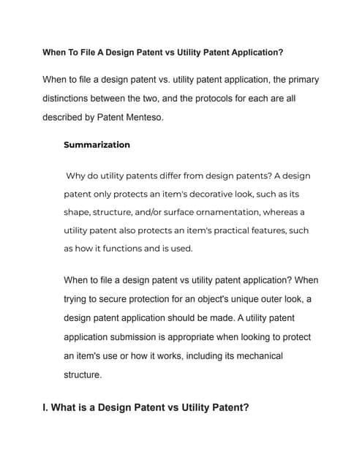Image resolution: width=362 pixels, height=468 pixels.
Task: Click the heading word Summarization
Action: (97, 145)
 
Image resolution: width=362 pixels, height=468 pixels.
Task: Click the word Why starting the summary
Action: (77, 176)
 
